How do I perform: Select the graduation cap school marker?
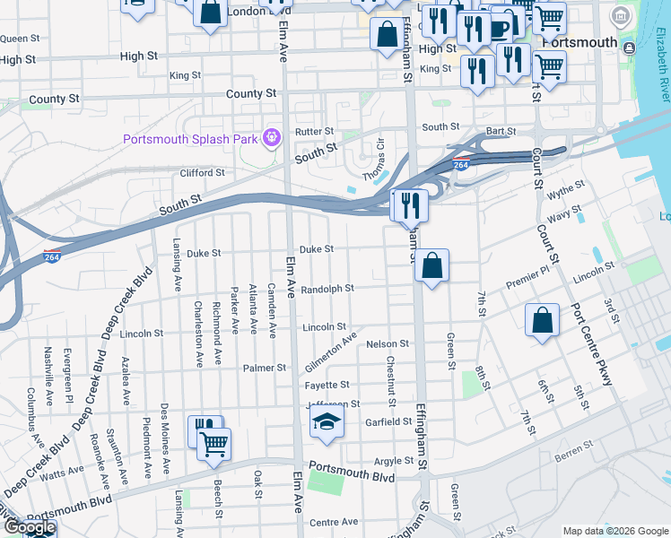[x=327, y=424]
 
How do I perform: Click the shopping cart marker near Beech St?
[x=214, y=443]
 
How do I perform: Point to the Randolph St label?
[x=327, y=289]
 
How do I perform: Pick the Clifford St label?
[x=202, y=173]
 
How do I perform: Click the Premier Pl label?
[x=527, y=282]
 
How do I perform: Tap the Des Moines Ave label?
[x=165, y=437]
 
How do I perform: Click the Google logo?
[x=30, y=528]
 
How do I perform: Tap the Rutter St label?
[x=314, y=131]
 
